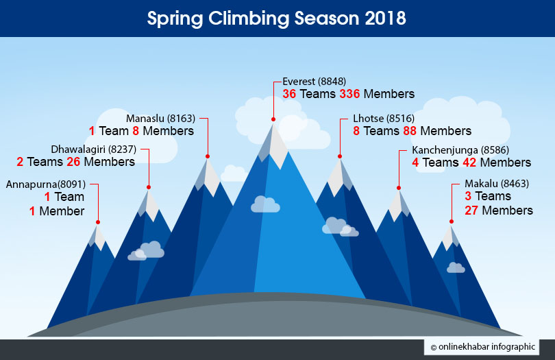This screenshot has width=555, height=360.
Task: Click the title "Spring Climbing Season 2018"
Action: click(x=276, y=19)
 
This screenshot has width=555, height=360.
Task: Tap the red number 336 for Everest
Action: click(x=349, y=94)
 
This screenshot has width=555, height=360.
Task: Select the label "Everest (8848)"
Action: click(x=314, y=82)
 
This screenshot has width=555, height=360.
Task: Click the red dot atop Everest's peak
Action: click(x=273, y=119)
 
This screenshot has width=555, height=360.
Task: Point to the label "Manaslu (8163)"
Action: click(x=161, y=119)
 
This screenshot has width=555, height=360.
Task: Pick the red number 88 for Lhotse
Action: click(x=410, y=131)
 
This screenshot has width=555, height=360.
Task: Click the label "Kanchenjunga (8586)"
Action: click(x=460, y=150)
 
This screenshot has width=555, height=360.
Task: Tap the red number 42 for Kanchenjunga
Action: click(x=469, y=163)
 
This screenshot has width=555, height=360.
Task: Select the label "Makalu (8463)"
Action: click(x=497, y=184)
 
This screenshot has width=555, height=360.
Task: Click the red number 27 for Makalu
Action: click(x=471, y=211)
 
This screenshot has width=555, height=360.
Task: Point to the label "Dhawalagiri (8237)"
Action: click(x=93, y=149)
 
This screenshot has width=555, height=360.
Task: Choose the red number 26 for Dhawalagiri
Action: click(x=73, y=162)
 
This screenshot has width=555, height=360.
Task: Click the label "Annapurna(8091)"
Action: click(x=46, y=184)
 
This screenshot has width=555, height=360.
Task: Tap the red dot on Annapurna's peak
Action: click(x=98, y=222)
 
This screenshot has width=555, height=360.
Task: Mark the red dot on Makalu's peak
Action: click(x=452, y=221)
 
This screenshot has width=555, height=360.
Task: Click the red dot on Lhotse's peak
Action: click(x=340, y=156)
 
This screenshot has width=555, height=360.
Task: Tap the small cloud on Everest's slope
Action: click(x=265, y=204)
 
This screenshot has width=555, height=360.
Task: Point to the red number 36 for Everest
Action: click(x=289, y=94)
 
